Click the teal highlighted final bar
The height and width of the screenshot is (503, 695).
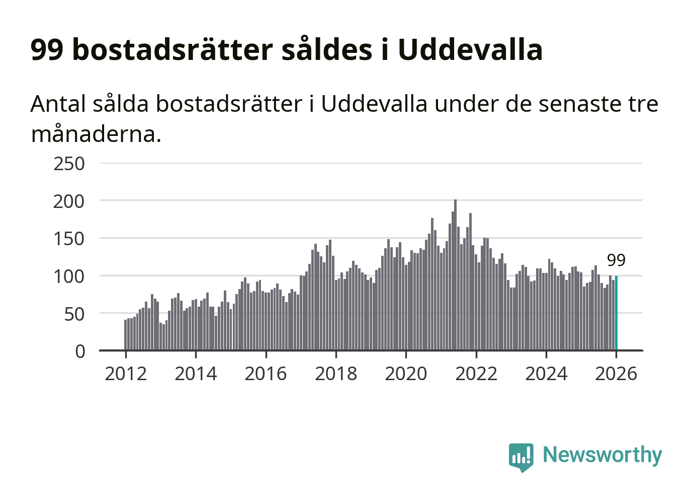pos(616,313)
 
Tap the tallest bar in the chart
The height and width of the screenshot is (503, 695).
pos(455,274)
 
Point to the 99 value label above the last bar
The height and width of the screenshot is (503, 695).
pos(616,260)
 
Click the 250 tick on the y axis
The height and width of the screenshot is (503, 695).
pos(69,164)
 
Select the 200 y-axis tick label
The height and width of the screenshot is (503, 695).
pos(69,201)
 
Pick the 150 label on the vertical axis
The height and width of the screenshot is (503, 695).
pos(69,239)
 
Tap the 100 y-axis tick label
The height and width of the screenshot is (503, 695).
pos(69,276)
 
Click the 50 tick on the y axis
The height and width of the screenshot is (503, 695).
pos(74,314)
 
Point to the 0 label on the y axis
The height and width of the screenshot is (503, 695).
pos(80,351)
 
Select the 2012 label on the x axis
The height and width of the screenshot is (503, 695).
pos(126,374)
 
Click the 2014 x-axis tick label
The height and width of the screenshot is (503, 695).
pos(196,374)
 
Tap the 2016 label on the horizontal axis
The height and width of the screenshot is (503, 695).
pos(266,374)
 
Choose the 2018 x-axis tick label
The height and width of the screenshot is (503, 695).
pos(336,374)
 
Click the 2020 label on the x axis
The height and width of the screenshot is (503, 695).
pos(406,374)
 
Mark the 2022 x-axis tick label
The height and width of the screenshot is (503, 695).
pos(476,374)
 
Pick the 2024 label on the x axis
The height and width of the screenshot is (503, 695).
pos(546,374)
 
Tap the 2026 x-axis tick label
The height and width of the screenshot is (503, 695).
pos(616,374)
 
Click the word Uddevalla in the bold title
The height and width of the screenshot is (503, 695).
pos(470,49)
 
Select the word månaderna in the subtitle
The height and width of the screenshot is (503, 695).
pos(96,134)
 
